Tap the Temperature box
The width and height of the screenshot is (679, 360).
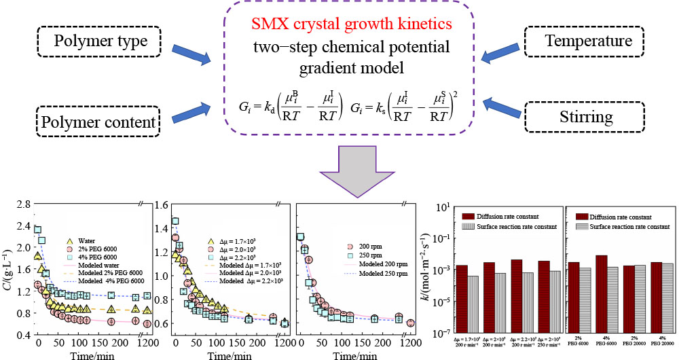coord(588,42)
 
